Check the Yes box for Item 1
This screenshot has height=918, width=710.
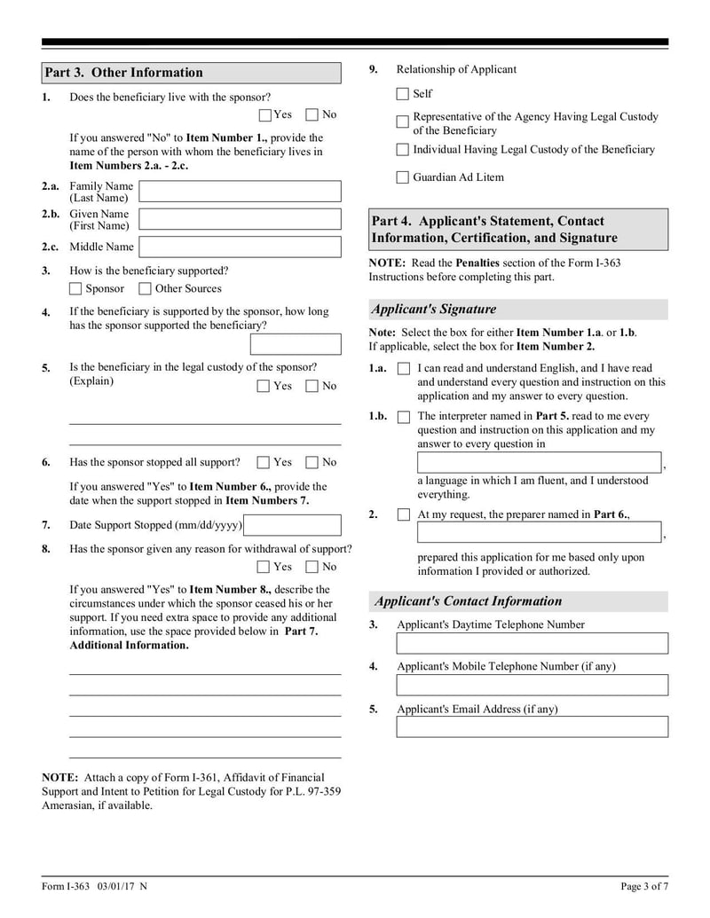tap(265, 114)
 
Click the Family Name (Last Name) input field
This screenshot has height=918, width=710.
tap(240, 192)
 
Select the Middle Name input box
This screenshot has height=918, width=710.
tap(240, 247)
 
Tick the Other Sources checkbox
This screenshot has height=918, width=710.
tap(145, 288)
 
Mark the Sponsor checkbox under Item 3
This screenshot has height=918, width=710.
tap(75, 288)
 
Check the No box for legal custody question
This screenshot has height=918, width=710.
tap(312, 386)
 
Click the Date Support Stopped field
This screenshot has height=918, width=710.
tap(292, 525)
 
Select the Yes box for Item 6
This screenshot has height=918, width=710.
tap(264, 462)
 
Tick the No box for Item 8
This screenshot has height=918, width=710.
tap(312, 567)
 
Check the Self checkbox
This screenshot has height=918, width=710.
tap(403, 94)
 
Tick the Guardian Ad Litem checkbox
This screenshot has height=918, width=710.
tap(403, 177)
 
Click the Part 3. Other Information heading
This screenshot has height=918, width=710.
tap(124, 73)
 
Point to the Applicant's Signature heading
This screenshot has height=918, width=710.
tap(434, 310)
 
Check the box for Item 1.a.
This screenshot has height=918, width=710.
tap(404, 368)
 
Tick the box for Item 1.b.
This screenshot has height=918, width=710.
tap(404, 416)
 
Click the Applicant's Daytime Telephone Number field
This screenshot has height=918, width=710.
tap(532, 643)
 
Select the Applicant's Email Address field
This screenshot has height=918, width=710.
tap(532, 727)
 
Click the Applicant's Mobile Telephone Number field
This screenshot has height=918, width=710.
tap(532, 685)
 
